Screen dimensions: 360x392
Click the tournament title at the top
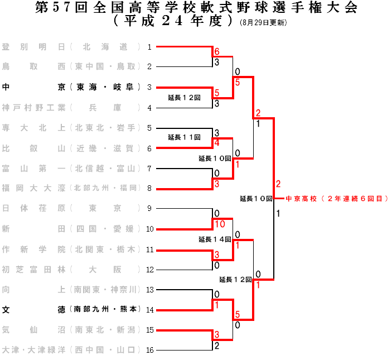point(196,8)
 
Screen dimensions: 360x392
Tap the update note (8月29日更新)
point(263,23)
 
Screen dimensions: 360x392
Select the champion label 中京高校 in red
point(337,198)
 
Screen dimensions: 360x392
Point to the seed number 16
point(149,351)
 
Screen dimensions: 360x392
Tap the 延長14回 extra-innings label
point(215,239)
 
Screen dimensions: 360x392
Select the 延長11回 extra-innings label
point(184,137)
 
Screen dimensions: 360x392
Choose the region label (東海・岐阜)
point(105,87)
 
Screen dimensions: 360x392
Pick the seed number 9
point(149,209)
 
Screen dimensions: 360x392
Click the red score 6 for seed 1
point(217,52)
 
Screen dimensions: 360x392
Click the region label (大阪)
point(105,270)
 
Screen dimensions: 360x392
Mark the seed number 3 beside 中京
point(149,87)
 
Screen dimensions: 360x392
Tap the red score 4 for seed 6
point(217,143)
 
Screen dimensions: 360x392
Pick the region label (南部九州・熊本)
point(105,310)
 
